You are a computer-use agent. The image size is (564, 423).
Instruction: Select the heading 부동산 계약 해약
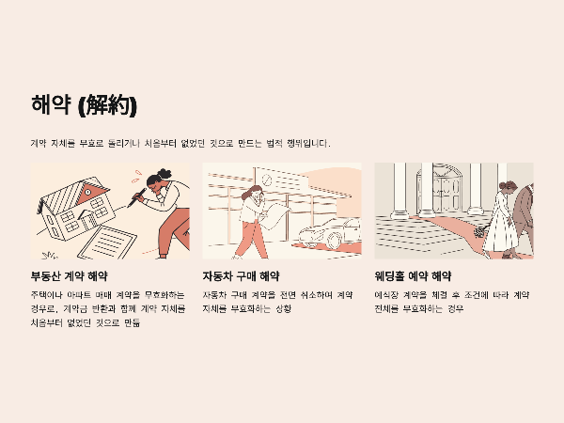(69, 276)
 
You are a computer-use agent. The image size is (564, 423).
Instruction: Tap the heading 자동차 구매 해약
(241, 276)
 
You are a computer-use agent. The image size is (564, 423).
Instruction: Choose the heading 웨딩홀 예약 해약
(413, 276)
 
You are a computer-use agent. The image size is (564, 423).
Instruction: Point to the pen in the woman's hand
(137, 193)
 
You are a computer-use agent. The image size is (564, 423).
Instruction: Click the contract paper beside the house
(117, 239)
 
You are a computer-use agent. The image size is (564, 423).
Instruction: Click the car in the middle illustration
(329, 231)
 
